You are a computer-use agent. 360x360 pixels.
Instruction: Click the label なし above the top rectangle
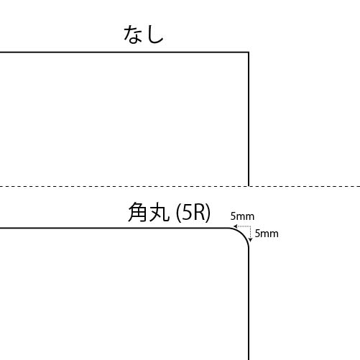[x=144, y=34]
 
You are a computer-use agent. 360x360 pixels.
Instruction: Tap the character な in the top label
[x=131, y=34]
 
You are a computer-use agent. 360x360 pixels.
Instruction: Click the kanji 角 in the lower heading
[x=137, y=212]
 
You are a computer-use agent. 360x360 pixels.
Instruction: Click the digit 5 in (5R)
[x=187, y=213]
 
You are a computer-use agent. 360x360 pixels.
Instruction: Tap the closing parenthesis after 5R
[x=208, y=212]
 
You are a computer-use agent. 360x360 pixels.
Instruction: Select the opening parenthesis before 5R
[x=178, y=212]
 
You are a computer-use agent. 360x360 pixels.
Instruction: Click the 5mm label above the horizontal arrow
[x=242, y=216]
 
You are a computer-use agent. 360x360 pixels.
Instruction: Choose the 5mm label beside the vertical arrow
[x=267, y=234]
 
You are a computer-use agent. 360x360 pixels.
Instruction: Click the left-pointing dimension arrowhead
[x=235, y=226]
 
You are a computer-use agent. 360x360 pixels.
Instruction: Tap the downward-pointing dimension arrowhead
[x=251, y=240]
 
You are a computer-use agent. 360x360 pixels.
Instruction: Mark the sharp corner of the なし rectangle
[x=249, y=52]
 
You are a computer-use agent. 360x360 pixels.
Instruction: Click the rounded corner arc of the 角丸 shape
[x=243, y=234]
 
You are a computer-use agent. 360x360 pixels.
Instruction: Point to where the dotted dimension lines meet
[x=251, y=226]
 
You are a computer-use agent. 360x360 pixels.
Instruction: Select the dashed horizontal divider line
[x=180, y=186]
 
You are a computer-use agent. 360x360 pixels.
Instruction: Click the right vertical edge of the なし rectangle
[x=249, y=119]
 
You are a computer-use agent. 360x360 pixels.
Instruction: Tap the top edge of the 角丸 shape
[x=114, y=228]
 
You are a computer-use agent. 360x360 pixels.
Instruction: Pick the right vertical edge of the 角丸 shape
[x=249, y=304]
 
